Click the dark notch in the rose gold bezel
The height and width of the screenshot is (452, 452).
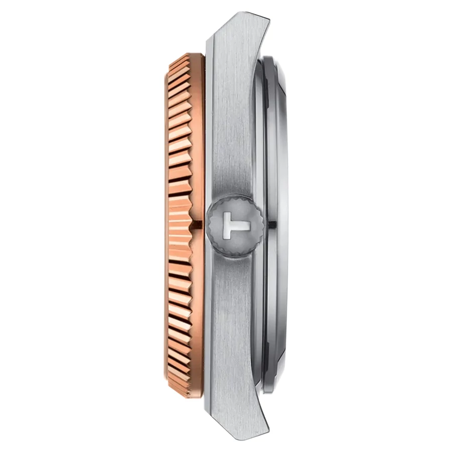pos(197,222)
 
